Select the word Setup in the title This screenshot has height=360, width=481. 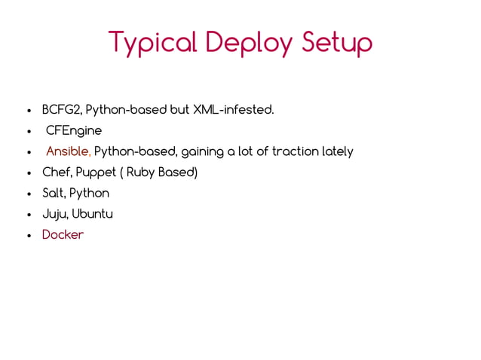[x=336, y=43]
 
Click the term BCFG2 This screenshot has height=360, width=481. [x=62, y=110]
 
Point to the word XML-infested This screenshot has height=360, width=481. [x=234, y=110]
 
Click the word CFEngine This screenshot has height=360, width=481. [x=74, y=131]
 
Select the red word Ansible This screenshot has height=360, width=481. [x=69, y=151]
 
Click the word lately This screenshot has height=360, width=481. [x=338, y=151]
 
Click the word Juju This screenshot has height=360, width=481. [x=54, y=214]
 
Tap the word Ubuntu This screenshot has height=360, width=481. [x=93, y=214]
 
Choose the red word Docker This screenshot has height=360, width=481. [x=63, y=235]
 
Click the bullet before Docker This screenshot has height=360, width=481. [x=27, y=236]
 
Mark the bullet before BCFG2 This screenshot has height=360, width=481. [x=27, y=111]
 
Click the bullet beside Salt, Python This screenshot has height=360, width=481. [x=27, y=194]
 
